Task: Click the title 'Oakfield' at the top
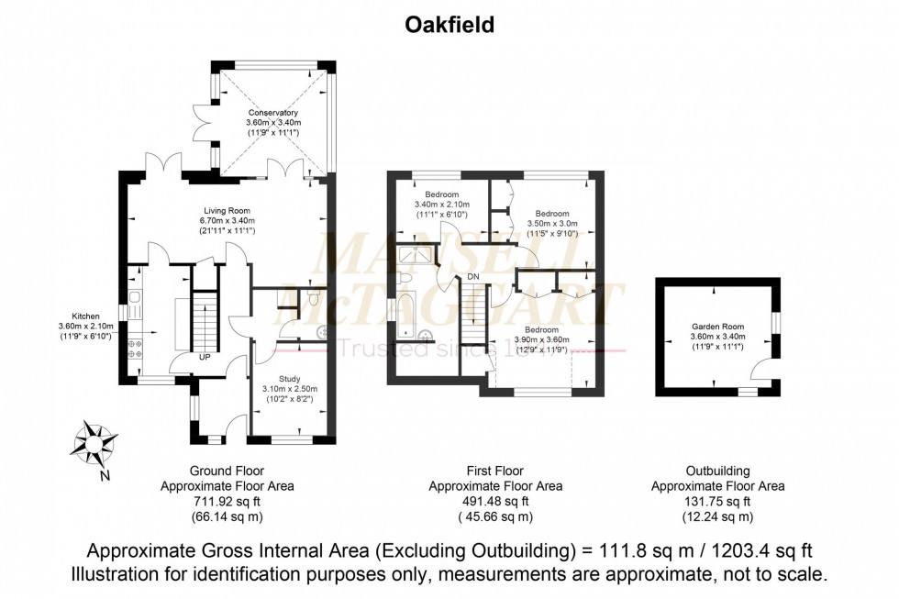[x=449, y=26]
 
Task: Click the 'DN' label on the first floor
[x=472, y=276]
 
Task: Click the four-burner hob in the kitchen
[x=134, y=349]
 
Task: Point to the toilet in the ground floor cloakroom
[x=313, y=299]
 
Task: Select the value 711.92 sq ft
[x=227, y=502]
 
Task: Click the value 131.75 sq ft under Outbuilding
[x=717, y=502]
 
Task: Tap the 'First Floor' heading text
[x=495, y=471]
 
